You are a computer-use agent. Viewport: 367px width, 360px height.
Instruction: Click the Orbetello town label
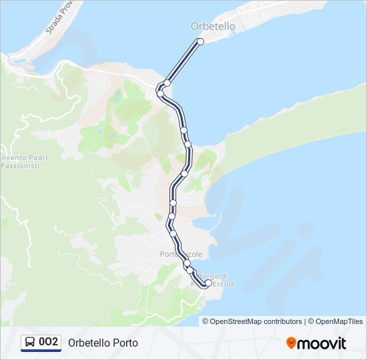213,27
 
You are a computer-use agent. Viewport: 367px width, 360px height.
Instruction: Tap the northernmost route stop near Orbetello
200,41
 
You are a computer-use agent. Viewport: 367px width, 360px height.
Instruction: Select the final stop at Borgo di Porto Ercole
208,283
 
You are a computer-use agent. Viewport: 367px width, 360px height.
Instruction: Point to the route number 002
49,342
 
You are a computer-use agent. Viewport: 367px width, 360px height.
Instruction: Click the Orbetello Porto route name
103,343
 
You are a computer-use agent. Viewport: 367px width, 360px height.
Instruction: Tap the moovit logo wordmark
322,343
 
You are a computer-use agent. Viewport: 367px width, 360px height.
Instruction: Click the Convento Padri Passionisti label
19,161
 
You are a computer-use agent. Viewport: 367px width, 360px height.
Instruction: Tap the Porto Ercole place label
181,254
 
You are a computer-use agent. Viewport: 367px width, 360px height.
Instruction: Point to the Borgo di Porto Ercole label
213,280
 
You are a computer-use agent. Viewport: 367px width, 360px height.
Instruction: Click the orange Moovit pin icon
291,343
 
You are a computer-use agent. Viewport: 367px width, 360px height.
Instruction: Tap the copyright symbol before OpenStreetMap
206,321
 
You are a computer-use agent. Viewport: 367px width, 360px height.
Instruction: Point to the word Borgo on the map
208,276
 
